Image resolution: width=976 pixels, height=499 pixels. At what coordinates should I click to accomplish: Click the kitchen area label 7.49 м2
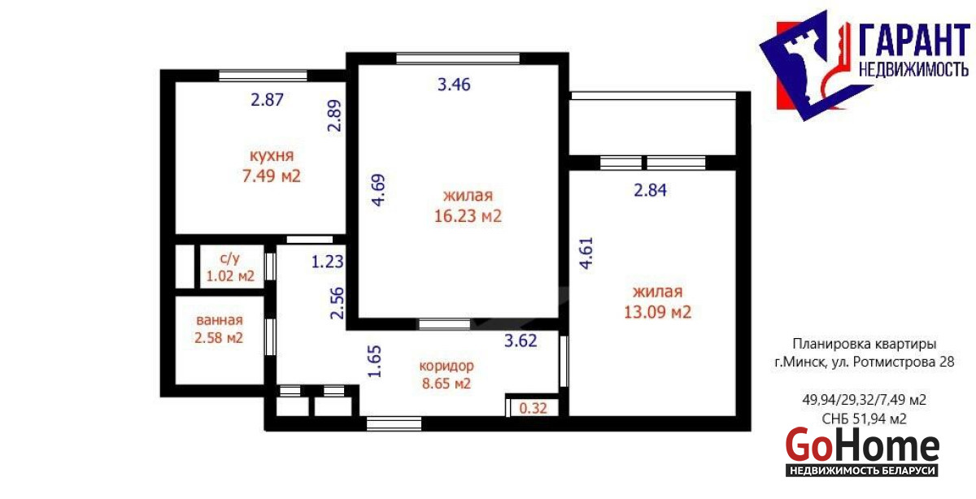(272, 176)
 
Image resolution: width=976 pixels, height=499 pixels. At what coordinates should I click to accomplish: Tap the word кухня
(272, 156)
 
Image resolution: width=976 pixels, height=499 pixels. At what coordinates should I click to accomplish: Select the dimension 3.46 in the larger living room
(454, 85)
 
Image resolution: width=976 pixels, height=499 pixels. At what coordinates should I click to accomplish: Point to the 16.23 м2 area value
(468, 216)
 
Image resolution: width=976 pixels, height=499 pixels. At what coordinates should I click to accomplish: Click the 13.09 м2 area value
(657, 312)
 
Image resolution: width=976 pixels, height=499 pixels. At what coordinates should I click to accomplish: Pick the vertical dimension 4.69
(379, 190)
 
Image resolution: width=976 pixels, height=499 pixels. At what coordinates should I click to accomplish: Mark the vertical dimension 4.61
(586, 253)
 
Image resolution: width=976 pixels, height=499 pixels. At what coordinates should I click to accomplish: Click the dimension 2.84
(650, 190)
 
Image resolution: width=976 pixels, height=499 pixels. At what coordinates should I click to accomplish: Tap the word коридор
(447, 367)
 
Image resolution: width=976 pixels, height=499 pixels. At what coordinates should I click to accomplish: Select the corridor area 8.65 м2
(447, 384)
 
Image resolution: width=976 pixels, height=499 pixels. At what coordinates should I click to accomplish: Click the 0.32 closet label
(534, 409)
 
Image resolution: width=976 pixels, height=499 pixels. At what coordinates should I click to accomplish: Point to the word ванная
(219, 320)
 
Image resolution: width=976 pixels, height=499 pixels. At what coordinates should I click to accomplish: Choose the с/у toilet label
(229, 258)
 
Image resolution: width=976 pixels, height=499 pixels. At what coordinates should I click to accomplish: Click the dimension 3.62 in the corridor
(521, 341)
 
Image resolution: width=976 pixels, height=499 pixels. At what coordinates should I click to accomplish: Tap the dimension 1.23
(327, 262)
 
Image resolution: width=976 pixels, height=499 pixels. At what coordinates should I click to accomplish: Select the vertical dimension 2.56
(338, 303)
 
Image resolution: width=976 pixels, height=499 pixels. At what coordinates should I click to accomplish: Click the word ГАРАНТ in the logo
(913, 41)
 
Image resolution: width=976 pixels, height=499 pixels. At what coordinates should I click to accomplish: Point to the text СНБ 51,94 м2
(864, 419)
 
